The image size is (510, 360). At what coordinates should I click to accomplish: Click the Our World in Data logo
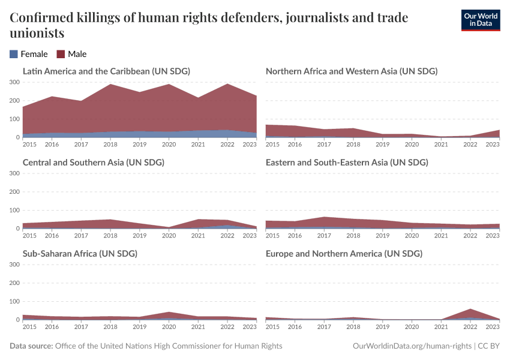tap(480, 20)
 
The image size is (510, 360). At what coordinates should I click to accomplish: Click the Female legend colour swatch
tap(14, 54)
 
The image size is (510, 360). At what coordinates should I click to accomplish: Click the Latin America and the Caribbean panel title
tap(106, 71)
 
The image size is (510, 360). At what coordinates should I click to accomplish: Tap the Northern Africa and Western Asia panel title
tap(351, 71)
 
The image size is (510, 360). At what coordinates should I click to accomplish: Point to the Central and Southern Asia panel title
tap(93, 163)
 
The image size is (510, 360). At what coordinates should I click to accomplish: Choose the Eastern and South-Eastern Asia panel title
tap(346, 163)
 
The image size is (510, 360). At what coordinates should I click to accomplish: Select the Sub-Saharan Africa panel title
tap(80, 254)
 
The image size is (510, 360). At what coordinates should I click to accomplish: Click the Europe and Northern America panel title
tap(344, 254)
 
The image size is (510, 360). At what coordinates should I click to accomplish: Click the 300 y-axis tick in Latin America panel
tap(14, 82)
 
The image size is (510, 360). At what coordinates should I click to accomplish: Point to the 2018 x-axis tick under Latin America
tap(110, 145)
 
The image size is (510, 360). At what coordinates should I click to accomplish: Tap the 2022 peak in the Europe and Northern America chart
tap(470, 310)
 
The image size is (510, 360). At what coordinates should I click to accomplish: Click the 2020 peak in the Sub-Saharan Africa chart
tap(168, 313)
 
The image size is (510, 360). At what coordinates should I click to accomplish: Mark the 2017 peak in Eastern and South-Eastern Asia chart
tap(324, 217)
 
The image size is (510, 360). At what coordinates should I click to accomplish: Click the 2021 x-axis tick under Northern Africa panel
tap(441, 145)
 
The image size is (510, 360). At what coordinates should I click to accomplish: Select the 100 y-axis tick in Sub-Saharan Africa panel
tap(14, 301)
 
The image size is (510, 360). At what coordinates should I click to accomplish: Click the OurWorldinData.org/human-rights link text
tap(412, 346)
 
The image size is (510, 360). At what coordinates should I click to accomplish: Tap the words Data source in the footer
tap(31, 346)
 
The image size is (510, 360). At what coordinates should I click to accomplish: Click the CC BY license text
tap(489, 346)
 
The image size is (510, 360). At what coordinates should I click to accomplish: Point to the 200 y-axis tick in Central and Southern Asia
tap(14, 192)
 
